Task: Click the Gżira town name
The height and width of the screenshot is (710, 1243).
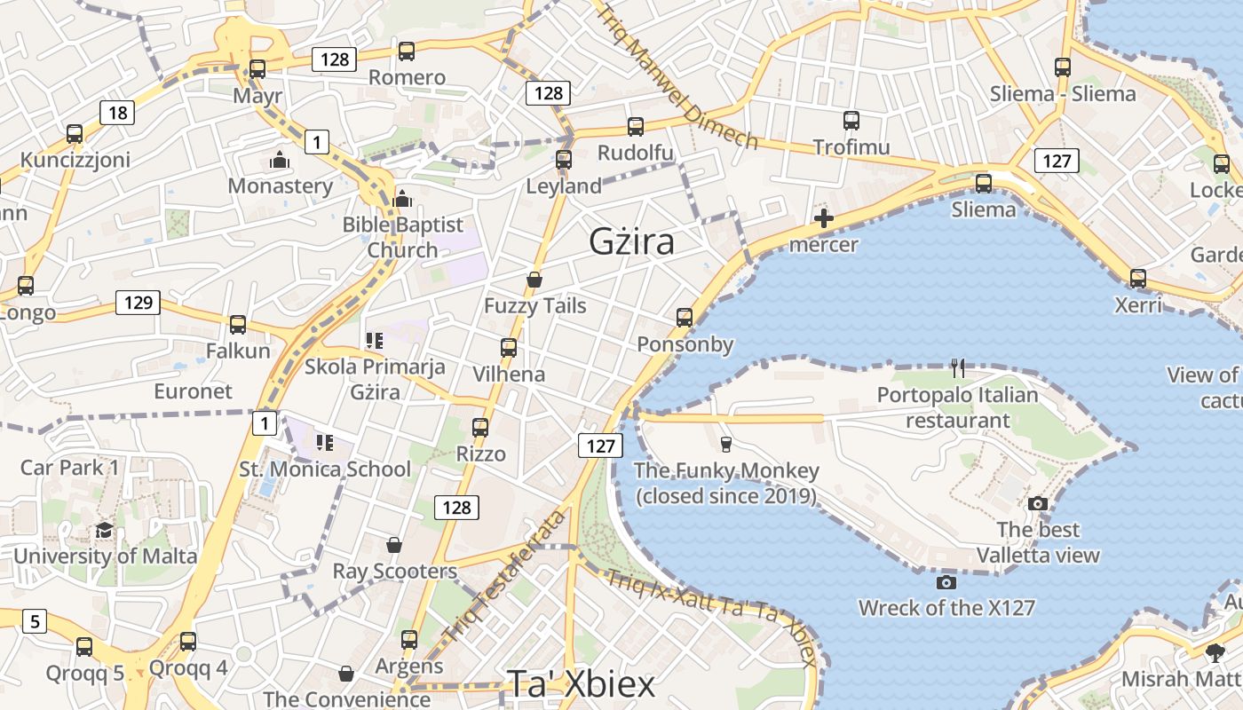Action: [x=631, y=241]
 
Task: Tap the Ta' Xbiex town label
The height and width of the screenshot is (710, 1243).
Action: [x=581, y=683]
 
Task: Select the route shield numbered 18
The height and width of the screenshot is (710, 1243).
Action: [x=117, y=112]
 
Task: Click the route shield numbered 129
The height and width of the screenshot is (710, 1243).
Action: [x=139, y=303]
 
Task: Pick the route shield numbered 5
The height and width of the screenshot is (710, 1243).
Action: [x=34, y=620]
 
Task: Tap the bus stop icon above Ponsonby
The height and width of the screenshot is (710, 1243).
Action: [x=684, y=317]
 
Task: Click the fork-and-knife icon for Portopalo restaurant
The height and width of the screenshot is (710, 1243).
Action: [x=957, y=367]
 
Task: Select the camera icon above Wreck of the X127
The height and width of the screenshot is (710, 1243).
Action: [x=946, y=582]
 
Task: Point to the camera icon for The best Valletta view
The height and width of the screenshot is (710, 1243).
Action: [x=1037, y=503]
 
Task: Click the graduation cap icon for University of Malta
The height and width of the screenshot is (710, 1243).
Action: [x=105, y=531]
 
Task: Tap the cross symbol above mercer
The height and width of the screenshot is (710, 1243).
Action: [x=824, y=218]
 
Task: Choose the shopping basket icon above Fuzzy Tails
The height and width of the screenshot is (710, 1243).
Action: [x=534, y=280]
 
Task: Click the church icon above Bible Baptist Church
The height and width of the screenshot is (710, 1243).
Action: [x=402, y=198]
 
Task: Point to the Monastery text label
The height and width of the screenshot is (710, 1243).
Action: [x=281, y=185]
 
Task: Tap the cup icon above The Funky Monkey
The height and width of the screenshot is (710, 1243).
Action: [x=726, y=444]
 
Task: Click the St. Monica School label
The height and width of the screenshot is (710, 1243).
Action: [x=325, y=469]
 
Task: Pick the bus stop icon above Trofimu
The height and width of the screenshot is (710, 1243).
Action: [x=851, y=120]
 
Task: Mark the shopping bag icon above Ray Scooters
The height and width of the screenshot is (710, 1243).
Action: [x=394, y=544]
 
